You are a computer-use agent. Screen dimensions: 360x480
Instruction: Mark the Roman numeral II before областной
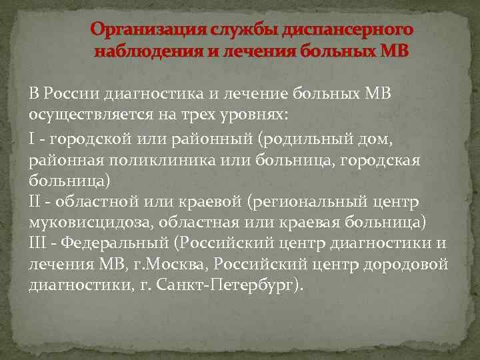35,201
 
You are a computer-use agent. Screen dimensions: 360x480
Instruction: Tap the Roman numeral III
38,244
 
